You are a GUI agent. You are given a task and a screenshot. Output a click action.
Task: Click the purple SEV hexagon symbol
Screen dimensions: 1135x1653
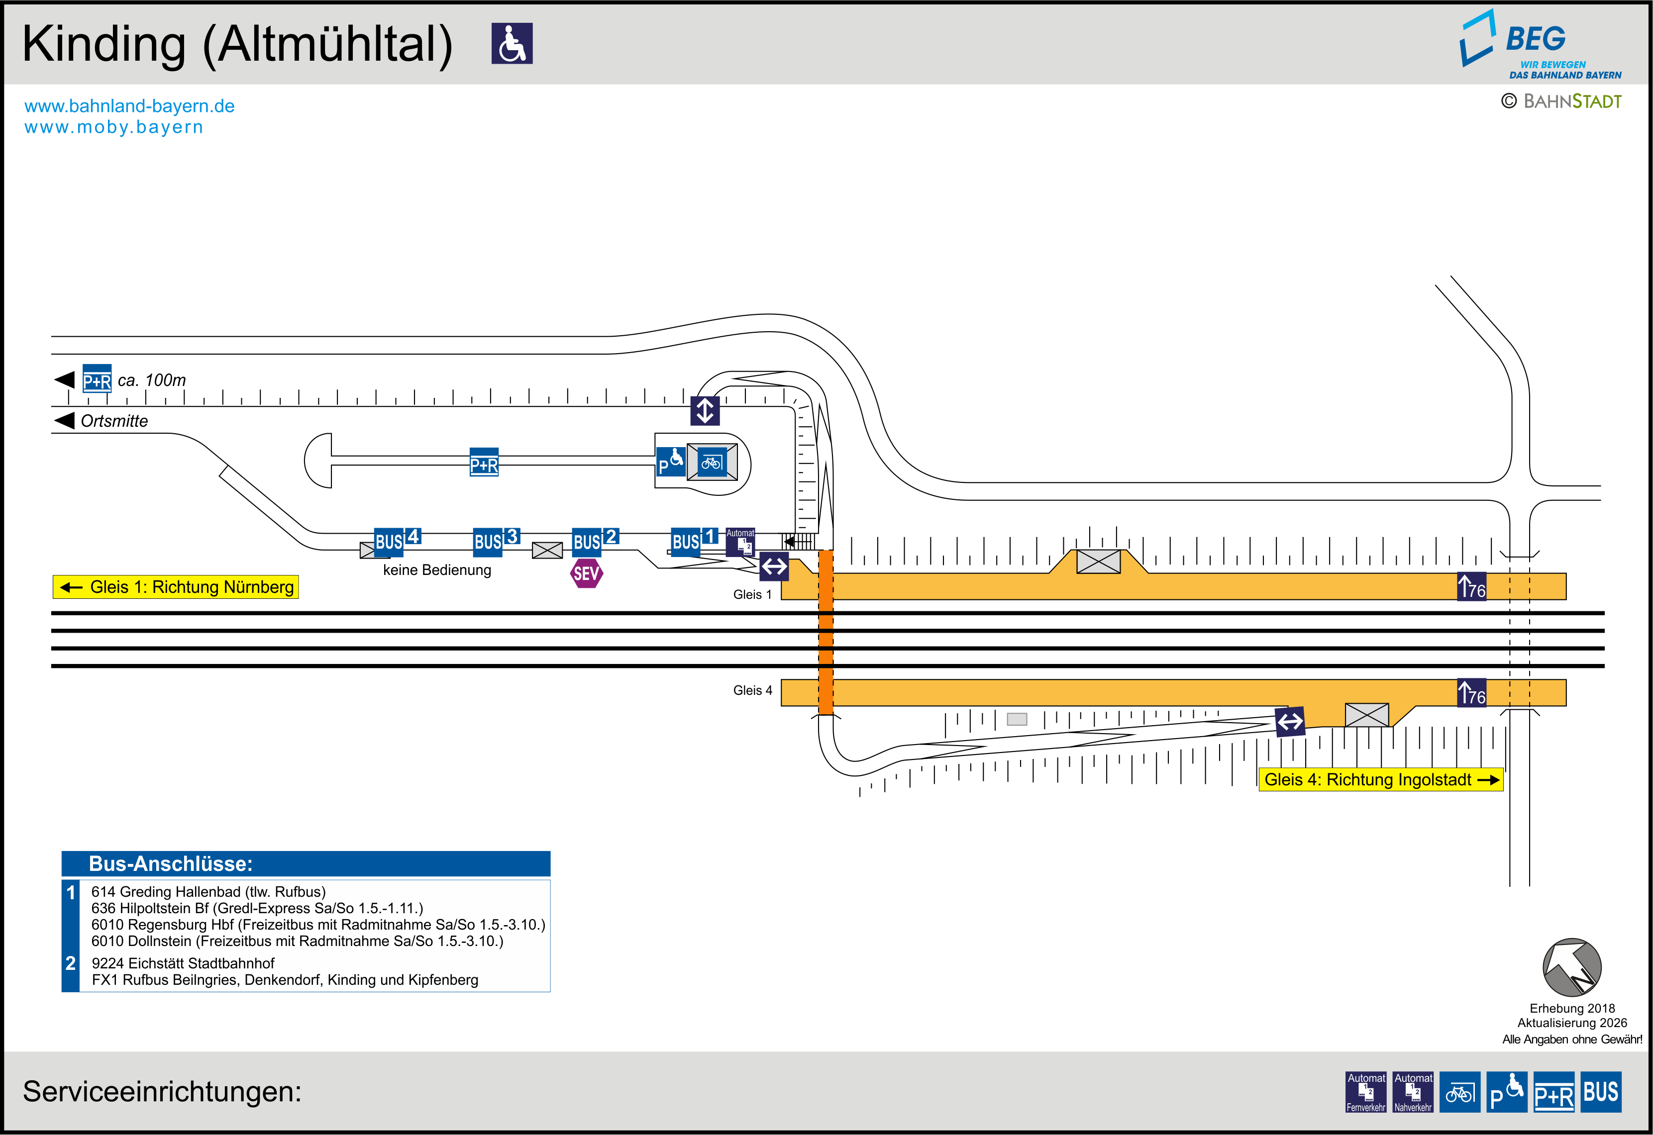tap(587, 573)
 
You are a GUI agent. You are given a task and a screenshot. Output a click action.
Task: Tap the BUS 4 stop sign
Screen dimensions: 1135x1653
tap(397, 541)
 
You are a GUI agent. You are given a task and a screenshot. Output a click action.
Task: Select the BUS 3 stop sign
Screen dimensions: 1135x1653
tap(496, 541)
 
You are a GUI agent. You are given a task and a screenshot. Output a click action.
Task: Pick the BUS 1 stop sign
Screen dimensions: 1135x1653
tap(694, 541)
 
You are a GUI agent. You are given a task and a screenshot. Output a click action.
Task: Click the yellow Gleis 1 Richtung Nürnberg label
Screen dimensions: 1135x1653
tap(176, 587)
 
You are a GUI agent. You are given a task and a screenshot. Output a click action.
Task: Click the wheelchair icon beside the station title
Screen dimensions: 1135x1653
tap(512, 43)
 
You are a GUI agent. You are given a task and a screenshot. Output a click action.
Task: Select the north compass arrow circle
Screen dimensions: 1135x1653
tap(1572, 967)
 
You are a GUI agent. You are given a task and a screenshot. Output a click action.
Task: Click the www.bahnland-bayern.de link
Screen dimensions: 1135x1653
tap(129, 106)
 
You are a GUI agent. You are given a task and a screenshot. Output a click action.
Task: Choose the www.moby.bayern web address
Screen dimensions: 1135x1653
tap(114, 127)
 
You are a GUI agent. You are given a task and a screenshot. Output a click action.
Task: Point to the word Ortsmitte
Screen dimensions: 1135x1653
tap(114, 421)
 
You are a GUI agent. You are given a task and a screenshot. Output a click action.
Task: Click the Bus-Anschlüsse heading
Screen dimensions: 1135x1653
tap(171, 863)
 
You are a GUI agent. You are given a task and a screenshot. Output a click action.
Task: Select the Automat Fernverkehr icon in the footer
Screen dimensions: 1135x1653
tap(1366, 1092)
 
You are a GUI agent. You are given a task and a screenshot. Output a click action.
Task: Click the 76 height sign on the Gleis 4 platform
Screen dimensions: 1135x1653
tap(1471, 693)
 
